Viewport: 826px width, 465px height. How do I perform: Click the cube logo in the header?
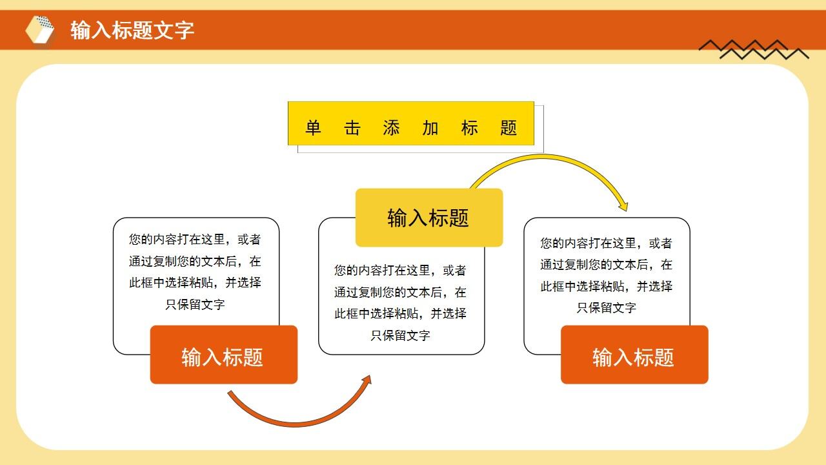[x=40, y=30]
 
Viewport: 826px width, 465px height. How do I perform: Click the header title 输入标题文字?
[x=132, y=30]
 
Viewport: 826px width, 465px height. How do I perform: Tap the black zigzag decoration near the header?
[x=753, y=49]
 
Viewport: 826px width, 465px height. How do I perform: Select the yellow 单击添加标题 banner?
[x=411, y=123]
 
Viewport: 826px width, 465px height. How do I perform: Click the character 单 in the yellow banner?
[x=313, y=128]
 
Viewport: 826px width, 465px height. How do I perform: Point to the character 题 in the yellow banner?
[x=509, y=128]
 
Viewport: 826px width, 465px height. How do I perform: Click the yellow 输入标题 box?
[x=428, y=218]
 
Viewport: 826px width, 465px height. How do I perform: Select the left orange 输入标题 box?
[x=223, y=355]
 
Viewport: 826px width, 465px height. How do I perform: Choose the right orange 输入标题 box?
[x=634, y=355]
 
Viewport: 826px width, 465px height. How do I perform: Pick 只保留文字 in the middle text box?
[x=400, y=335]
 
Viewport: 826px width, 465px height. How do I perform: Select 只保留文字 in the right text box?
[x=607, y=307]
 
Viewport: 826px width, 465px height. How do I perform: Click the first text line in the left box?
[x=195, y=240]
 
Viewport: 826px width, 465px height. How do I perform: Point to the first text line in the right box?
[x=607, y=243]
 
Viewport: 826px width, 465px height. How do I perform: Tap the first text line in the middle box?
[x=400, y=271]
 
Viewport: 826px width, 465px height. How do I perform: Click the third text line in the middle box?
[x=400, y=314]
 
